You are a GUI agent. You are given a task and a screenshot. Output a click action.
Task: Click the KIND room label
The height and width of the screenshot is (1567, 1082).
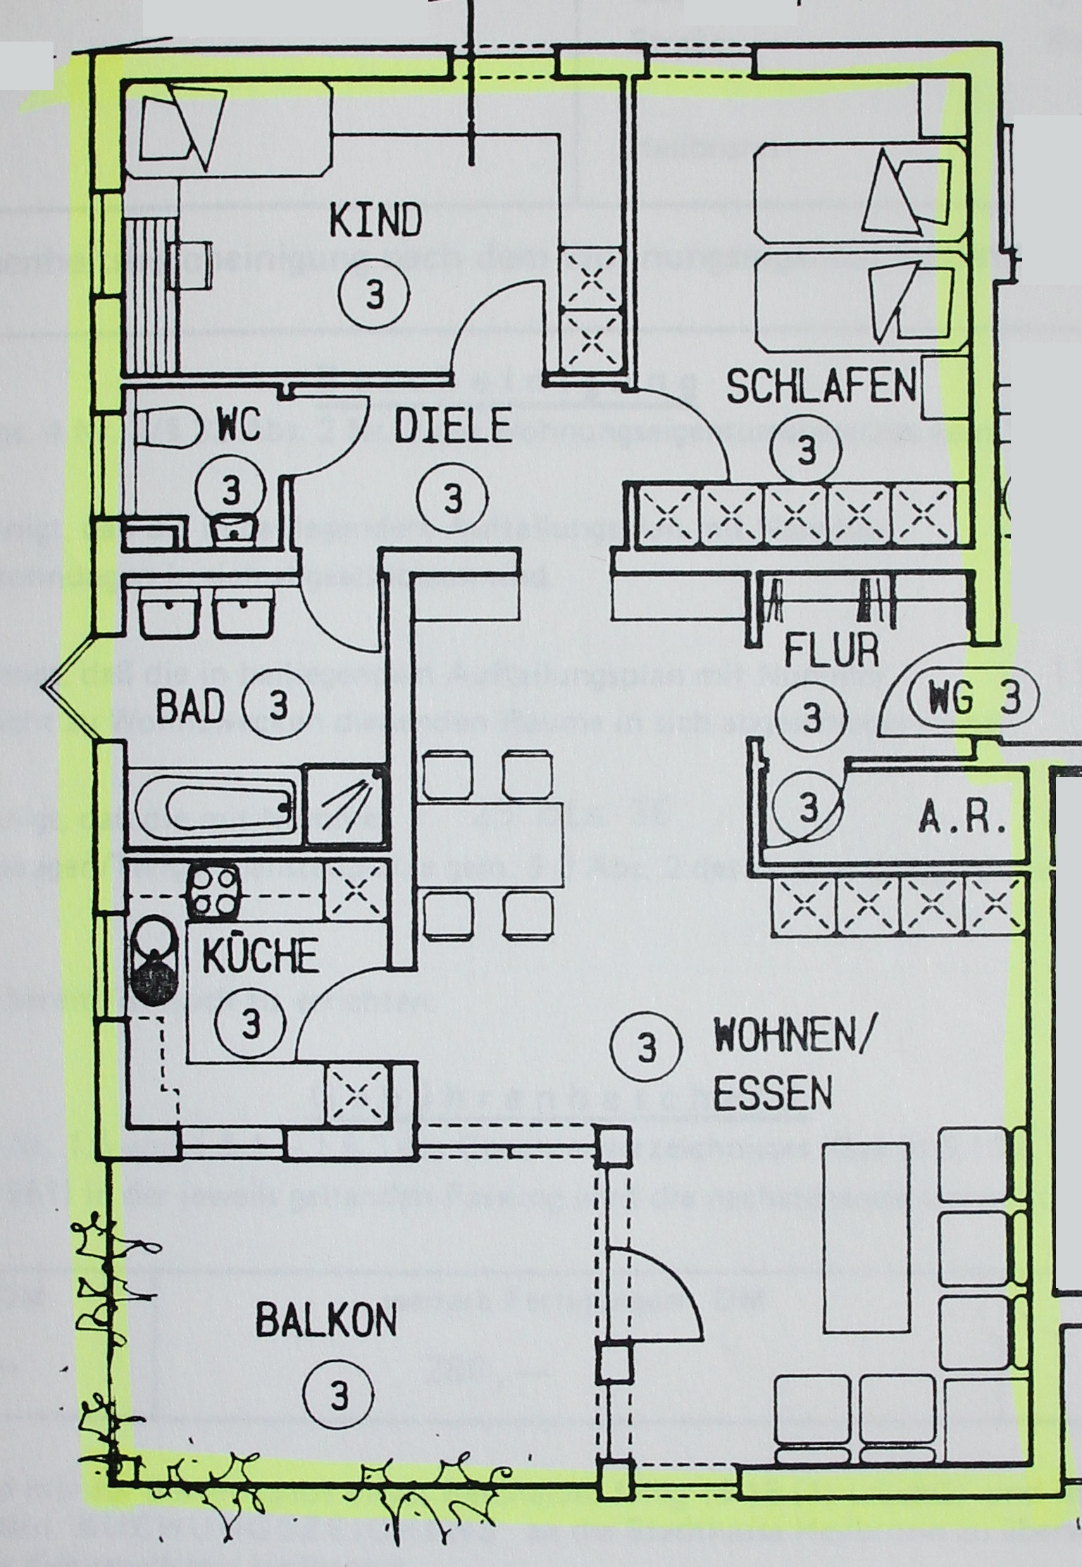(x=375, y=221)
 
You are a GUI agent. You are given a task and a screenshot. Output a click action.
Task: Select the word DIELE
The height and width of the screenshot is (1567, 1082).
(x=452, y=426)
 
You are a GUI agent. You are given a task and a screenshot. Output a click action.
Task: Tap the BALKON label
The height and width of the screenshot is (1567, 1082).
(x=325, y=1320)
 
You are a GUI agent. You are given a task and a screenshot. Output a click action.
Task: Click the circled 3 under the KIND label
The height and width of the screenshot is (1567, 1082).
(x=375, y=294)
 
